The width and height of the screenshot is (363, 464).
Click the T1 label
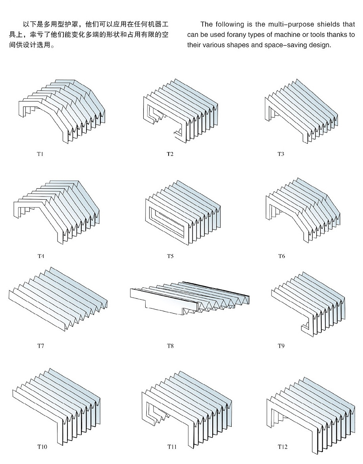coord(40,153)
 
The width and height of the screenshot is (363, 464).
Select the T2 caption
coord(170,154)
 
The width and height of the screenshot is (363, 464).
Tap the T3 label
coord(281,154)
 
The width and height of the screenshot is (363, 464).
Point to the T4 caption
coord(41,256)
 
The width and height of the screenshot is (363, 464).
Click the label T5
coord(170,256)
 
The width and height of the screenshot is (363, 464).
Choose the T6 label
coord(281,256)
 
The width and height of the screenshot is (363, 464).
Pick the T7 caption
coord(41,346)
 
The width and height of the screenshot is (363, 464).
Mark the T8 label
coord(170,346)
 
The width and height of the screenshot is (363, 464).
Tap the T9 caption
coord(281,346)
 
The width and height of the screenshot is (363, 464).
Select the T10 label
coord(42,447)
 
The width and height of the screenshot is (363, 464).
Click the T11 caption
coord(172,447)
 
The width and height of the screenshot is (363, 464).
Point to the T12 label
coord(282,447)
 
